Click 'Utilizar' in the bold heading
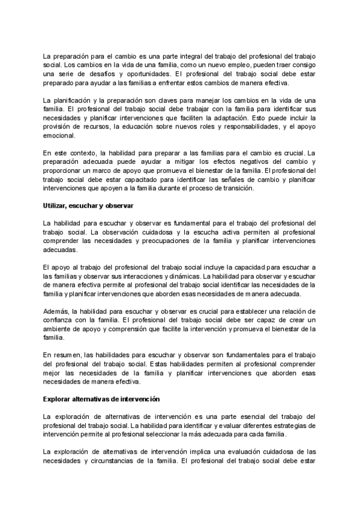point(58,206)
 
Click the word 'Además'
point(57,312)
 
